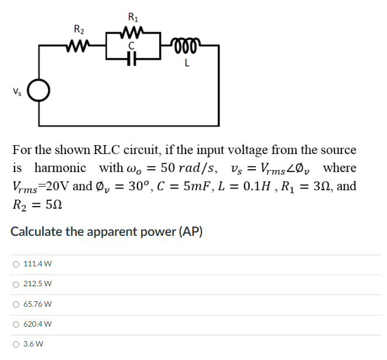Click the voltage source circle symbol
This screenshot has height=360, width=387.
[39, 91]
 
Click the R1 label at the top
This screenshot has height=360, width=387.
[133, 16]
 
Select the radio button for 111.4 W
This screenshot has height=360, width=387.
[15, 264]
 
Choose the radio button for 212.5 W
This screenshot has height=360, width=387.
[15, 284]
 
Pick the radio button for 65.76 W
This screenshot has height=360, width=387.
[15, 304]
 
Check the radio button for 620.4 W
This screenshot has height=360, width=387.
[15, 324]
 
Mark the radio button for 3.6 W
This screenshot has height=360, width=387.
[15, 344]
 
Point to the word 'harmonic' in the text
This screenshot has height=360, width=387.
[60, 168]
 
